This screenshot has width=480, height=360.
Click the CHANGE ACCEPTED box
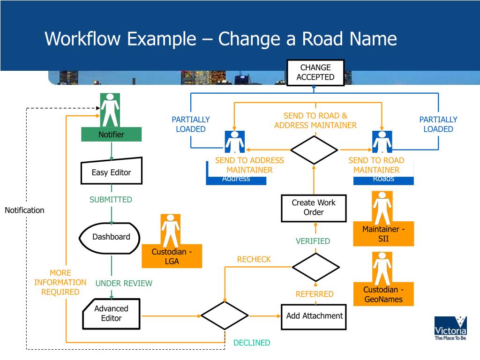click(x=315, y=73)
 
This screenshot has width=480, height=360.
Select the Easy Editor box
click(x=112, y=172)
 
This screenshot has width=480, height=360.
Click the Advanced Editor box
click(x=111, y=314)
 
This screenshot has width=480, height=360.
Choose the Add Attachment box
click(x=314, y=316)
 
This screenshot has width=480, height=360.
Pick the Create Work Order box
click(x=314, y=208)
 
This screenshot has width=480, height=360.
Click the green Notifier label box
click(x=111, y=135)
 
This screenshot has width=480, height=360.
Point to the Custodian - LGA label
click(x=172, y=256)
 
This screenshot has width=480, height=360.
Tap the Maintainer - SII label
click(x=383, y=234)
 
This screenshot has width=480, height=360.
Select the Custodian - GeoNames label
click(x=383, y=294)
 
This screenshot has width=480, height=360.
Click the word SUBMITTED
click(x=111, y=200)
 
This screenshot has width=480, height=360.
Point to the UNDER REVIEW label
click(x=124, y=283)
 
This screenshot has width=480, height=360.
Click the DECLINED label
click(x=252, y=343)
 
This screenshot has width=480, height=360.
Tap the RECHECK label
click(x=254, y=259)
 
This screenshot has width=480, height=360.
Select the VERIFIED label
click(x=313, y=241)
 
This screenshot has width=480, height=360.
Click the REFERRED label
click(x=315, y=294)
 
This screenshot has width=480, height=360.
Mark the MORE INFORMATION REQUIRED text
click(x=60, y=282)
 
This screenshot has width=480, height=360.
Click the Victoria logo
click(x=450, y=328)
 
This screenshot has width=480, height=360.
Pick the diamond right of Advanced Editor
click(x=225, y=315)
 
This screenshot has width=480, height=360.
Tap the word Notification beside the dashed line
click(x=24, y=210)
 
